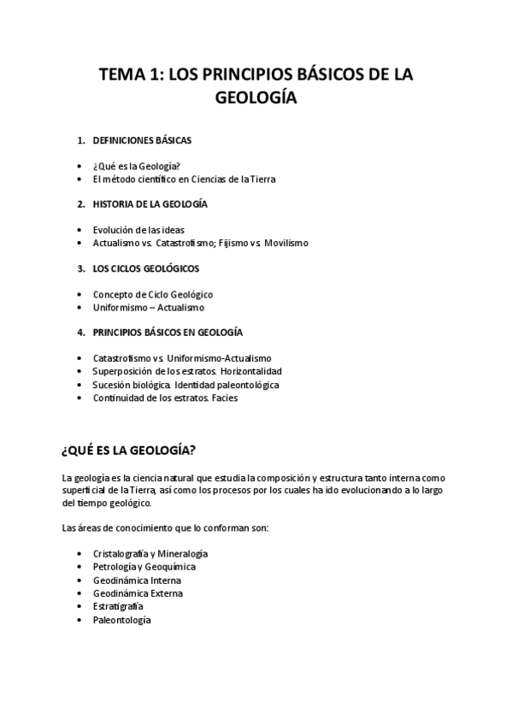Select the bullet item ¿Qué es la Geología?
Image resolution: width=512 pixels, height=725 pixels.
pos(136,166)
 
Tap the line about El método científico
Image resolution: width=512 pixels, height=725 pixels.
pos(184,180)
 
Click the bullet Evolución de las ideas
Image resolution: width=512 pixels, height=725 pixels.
pos(138,230)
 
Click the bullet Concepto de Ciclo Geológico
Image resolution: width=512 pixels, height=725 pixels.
pos(152,294)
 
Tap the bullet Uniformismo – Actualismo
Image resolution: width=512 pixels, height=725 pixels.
pos(148,307)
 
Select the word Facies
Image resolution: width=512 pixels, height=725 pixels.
pos(226,398)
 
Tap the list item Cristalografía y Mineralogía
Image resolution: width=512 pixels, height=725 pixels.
pos(150,554)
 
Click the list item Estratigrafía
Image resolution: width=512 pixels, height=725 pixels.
pos(118,606)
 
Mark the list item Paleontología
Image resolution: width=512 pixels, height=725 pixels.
pos(121,620)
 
